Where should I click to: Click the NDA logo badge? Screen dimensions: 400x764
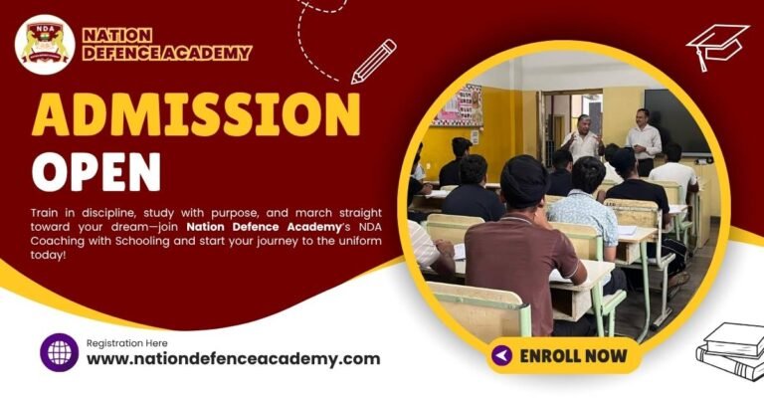[45, 45]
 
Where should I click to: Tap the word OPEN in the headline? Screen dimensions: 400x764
[95, 171]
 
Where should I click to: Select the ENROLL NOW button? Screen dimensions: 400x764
[563, 355]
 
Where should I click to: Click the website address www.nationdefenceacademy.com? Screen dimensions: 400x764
[233, 359]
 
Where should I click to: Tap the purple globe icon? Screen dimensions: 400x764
[59, 352]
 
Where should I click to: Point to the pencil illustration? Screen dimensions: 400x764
[373, 61]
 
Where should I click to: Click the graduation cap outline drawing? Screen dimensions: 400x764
[716, 45]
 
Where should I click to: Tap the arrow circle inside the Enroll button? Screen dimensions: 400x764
[502, 355]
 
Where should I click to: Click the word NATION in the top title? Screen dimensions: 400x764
[117, 35]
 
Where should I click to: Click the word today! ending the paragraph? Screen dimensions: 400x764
[49, 255]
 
